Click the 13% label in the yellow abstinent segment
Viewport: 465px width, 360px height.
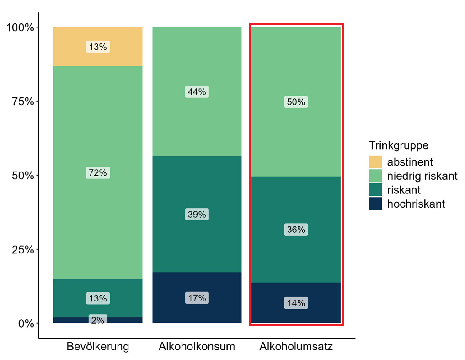(98, 47)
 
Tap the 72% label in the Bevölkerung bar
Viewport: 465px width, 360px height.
(98, 173)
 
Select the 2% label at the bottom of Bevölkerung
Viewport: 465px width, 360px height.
(98, 320)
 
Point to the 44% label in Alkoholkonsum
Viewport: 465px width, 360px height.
(197, 92)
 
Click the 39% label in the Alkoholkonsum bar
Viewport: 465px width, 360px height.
(197, 214)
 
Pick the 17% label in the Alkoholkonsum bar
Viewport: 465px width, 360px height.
(197, 298)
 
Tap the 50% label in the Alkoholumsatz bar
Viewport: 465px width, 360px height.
(296, 102)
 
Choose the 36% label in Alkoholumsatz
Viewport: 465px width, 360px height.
(296, 230)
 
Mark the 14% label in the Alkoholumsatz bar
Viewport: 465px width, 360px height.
(296, 303)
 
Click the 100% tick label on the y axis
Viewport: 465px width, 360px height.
(20, 27)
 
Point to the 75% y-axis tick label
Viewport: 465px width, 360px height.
(23, 102)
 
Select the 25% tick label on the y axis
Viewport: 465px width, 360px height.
(23, 249)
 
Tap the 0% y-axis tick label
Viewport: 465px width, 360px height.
(26, 323)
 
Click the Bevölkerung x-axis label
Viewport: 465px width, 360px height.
(98, 347)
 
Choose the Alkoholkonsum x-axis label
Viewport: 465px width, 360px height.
(197, 347)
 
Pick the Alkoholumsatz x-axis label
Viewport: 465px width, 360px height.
(296, 347)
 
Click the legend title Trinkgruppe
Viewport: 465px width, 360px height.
(399, 146)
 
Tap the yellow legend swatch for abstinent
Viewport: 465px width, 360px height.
(376, 162)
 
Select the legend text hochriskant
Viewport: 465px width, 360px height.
(416, 204)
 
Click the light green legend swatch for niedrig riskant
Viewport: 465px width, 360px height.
(376, 176)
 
